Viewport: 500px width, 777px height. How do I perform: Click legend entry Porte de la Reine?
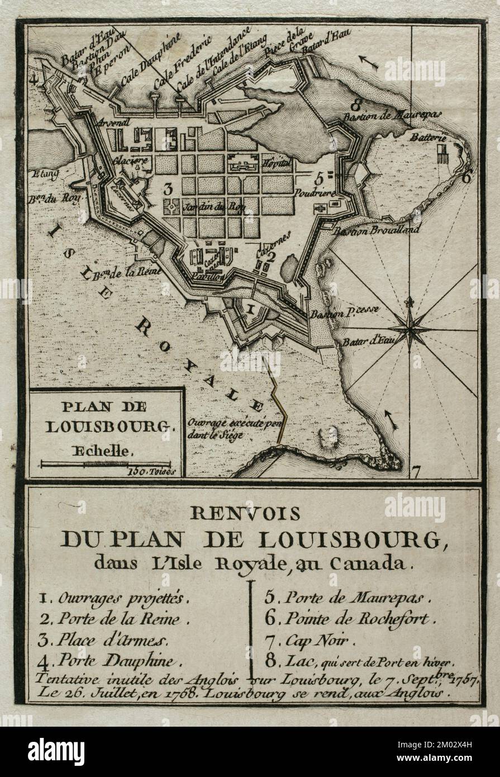point(118,618)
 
